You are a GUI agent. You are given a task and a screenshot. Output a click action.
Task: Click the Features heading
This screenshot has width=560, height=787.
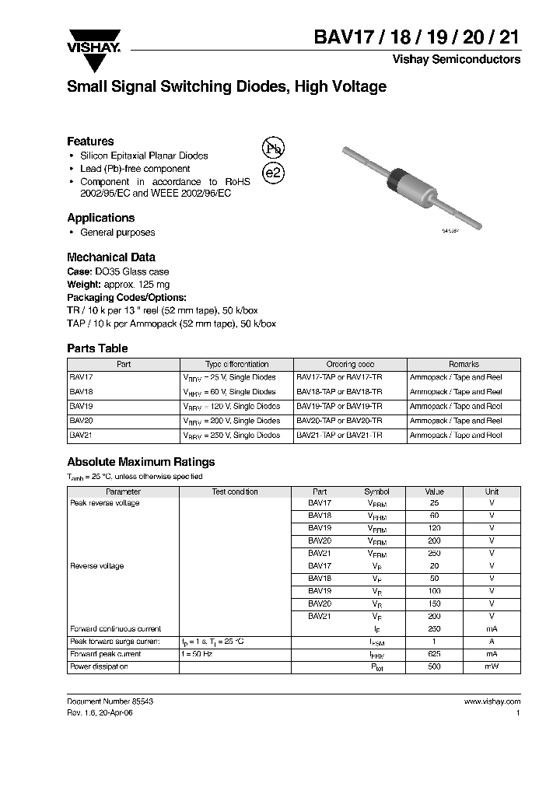point(90,142)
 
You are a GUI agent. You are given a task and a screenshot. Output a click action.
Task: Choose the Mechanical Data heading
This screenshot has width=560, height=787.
point(110,257)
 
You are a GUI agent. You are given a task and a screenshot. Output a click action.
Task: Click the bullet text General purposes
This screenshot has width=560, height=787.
point(117,233)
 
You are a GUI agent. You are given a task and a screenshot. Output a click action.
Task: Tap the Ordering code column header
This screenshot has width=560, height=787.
point(350,364)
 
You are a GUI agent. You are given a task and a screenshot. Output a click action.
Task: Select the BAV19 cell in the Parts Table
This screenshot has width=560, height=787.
point(82,406)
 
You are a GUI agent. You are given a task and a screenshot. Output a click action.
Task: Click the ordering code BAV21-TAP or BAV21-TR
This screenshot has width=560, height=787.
point(339,435)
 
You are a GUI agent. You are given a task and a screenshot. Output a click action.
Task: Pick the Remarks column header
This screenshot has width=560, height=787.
point(464,364)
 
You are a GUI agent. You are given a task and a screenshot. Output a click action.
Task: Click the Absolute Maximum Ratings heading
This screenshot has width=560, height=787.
point(141,462)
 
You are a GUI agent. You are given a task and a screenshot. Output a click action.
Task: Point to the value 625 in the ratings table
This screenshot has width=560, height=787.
point(434,655)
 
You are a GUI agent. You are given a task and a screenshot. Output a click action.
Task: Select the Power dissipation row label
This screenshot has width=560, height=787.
point(99,667)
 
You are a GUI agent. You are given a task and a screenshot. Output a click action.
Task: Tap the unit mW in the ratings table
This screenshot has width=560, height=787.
point(492,667)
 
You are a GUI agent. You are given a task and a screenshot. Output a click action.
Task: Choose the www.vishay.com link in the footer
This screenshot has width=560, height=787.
point(492,701)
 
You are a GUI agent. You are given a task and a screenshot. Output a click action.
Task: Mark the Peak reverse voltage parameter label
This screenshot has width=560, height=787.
point(105,503)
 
